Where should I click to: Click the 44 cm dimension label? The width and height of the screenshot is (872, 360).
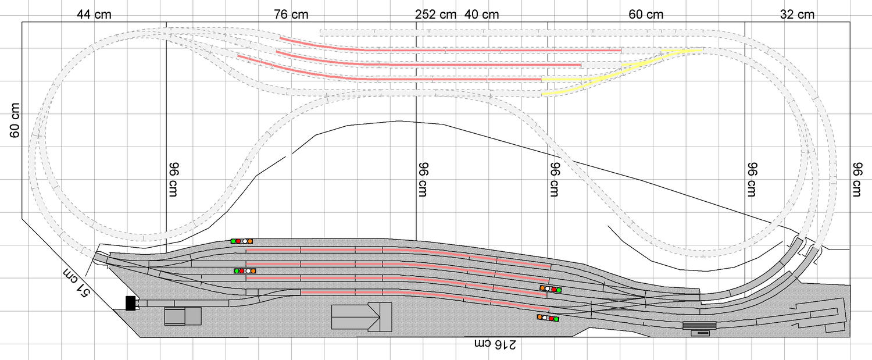coord(94,15)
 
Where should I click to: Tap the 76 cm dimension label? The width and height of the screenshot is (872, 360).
coord(291,15)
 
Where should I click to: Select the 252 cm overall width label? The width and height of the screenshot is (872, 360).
coord(435,15)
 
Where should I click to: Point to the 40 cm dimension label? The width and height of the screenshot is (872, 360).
coord(481,15)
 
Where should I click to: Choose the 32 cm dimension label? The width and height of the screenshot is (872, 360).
coord(797,15)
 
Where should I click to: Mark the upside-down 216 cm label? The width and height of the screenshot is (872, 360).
coord(495,344)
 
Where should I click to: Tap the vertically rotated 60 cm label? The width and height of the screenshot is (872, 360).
coord(15,120)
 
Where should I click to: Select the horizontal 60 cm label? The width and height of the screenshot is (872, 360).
coord(646,15)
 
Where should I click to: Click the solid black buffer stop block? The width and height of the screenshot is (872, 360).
coord(131,303)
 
